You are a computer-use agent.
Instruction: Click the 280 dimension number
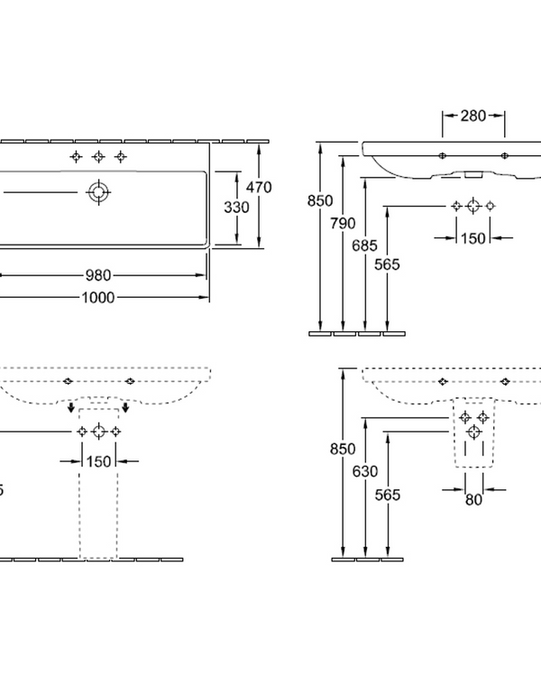click(x=473, y=115)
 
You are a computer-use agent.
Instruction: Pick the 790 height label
click(x=344, y=222)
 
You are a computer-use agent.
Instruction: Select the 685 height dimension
click(x=364, y=244)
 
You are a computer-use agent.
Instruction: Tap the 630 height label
click(x=364, y=470)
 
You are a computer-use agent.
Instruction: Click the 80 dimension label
click(x=473, y=499)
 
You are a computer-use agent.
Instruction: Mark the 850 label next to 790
click(x=320, y=200)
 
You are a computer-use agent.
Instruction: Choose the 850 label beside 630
click(x=344, y=448)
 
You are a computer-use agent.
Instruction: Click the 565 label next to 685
click(x=387, y=264)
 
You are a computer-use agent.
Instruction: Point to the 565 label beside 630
click(x=387, y=495)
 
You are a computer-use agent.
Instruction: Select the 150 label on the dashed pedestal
click(x=99, y=460)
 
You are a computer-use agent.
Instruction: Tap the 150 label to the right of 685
click(x=473, y=237)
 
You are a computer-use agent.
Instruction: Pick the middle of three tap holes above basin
click(x=98, y=157)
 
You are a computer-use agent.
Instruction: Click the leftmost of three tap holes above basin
click(x=76, y=157)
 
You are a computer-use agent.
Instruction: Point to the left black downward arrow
click(x=69, y=408)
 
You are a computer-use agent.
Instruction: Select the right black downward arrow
click(x=127, y=408)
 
